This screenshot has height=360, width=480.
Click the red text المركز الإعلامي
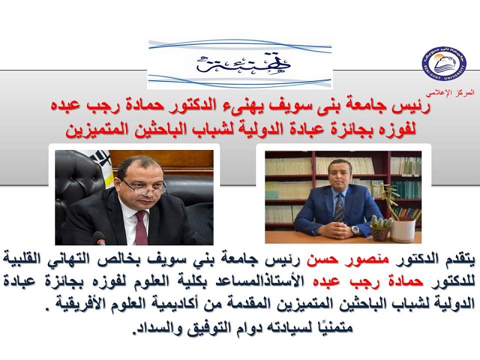450,92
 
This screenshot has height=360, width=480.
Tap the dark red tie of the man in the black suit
141,227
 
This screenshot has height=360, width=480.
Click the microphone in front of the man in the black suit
100,238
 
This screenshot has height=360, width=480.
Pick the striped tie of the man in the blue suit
339,208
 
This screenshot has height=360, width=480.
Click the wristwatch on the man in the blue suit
355,230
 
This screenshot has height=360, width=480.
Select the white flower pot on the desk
403,230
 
